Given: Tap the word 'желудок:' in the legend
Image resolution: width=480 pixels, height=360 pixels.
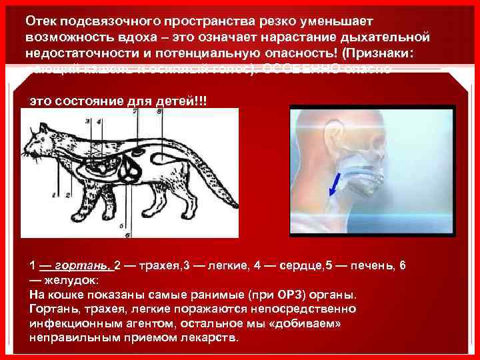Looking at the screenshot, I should click(73, 280).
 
